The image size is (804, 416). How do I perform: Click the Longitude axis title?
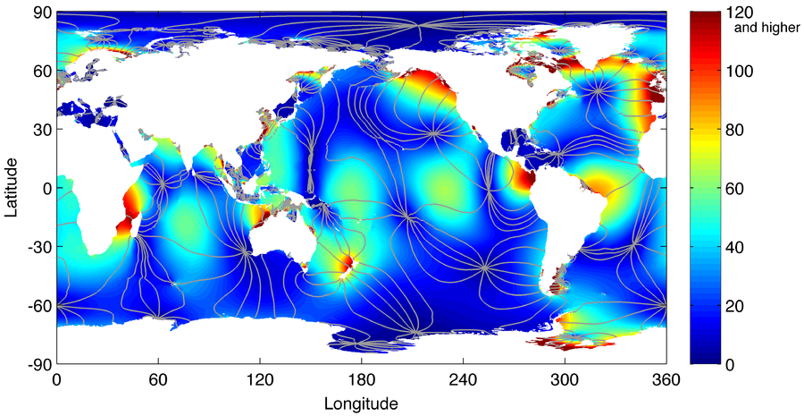(361, 403)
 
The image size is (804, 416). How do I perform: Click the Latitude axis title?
(13, 189)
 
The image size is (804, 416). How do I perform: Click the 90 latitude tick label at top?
(41, 13)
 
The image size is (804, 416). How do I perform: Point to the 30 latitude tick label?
(41, 131)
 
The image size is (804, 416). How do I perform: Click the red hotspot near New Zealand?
(345, 263)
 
